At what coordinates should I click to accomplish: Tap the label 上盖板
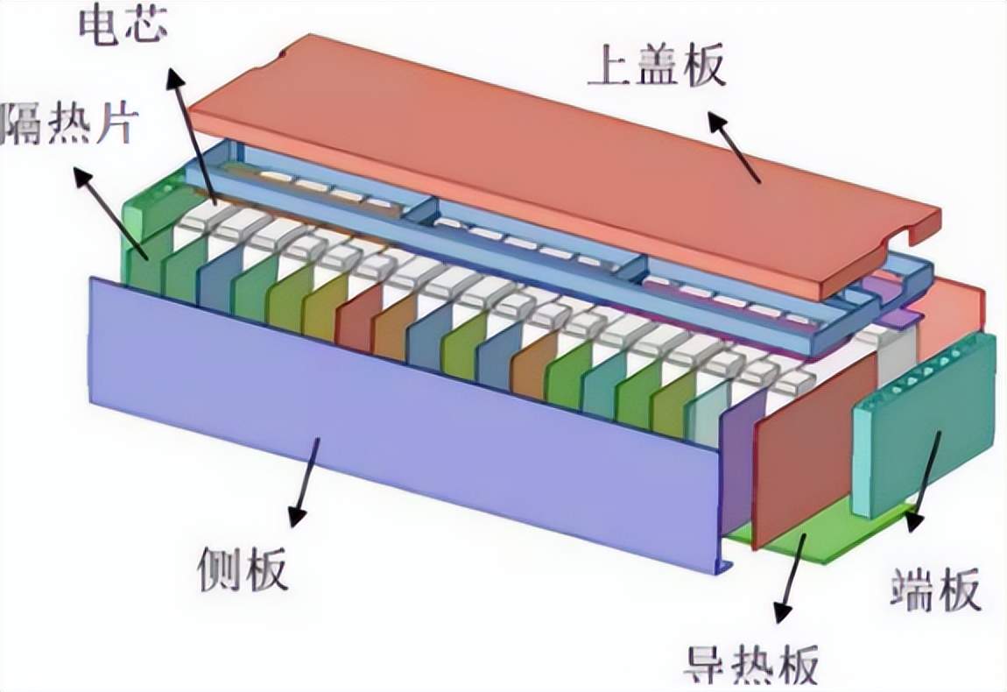[657, 67]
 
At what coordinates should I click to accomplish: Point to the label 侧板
[243, 570]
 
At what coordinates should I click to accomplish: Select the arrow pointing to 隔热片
[109, 210]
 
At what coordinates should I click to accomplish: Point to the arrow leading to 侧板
[306, 482]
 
